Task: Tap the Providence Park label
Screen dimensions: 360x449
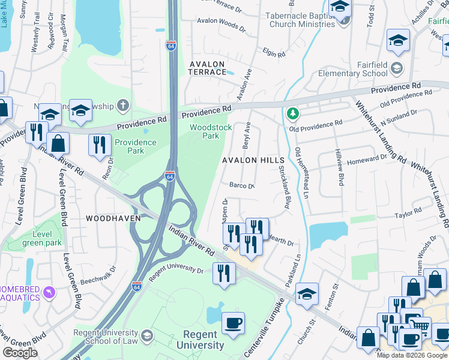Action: [x=136, y=146]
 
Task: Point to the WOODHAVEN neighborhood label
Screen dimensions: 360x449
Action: [x=113, y=218]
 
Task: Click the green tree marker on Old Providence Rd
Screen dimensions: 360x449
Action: [x=292, y=113]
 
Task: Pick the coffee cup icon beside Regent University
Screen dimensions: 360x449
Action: [x=233, y=323]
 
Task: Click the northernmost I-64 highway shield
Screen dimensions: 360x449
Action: [x=171, y=46]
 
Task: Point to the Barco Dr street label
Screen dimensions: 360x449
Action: [x=243, y=186]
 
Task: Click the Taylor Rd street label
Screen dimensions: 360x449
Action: [x=408, y=214]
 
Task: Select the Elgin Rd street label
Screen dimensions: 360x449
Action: [x=274, y=53]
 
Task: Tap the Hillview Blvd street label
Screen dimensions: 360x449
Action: [x=340, y=167]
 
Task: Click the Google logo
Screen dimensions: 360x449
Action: [x=20, y=353]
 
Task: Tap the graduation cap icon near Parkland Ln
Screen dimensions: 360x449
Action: [x=307, y=293]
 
